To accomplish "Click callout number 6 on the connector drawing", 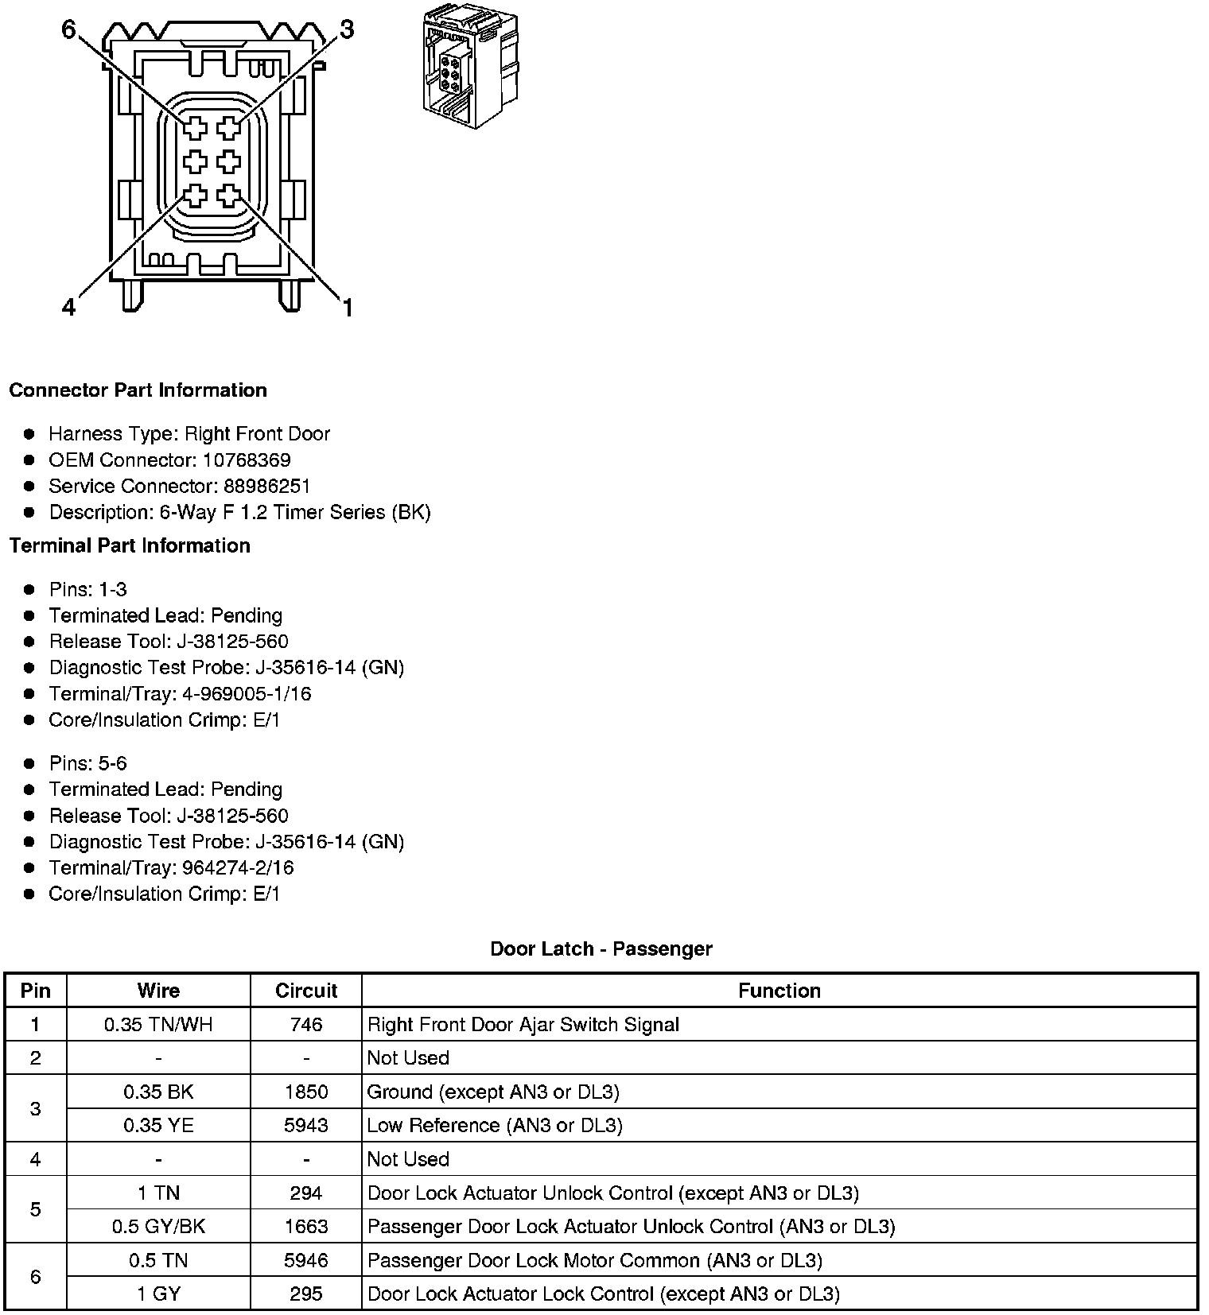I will (68, 30).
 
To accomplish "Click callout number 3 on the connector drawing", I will (347, 30).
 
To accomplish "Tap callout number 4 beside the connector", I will (69, 307).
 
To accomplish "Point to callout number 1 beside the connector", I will (348, 307).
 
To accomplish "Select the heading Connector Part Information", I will (138, 390).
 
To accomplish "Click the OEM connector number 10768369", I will (247, 460).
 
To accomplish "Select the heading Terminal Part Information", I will (130, 546).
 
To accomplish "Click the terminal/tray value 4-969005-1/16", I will (247, 694).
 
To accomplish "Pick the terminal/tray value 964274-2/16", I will (238, 868).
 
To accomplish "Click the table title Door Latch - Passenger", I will (601, 949).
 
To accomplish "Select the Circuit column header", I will (306, 991).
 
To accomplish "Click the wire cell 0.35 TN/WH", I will (158, 1025).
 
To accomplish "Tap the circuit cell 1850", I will (306, 1092).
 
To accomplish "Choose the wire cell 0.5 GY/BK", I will (158, 1227).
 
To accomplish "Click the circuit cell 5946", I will (306, 1261).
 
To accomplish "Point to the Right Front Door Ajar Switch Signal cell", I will (523, 1025).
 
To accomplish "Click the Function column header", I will (779, 991).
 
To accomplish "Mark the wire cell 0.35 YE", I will (158, 1126).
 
